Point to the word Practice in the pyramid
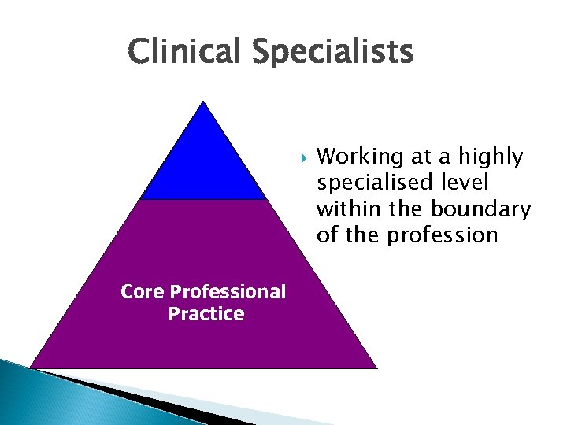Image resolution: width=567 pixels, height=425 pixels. (206, 314)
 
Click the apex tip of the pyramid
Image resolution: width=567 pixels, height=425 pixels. (205, 102)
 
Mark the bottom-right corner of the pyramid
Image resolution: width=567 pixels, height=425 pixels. (376, 367)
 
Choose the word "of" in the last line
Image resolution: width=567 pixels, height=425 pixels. (326, 235)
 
